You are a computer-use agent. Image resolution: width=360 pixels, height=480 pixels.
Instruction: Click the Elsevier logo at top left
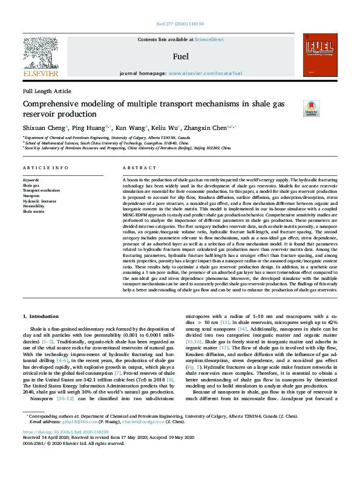coord(41,57)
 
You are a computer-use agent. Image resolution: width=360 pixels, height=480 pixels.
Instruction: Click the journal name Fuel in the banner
coord(181,57)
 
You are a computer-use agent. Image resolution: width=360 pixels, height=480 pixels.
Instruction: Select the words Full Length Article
coord(47,91)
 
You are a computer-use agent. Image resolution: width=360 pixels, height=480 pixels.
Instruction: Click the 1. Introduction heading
coord(41,316)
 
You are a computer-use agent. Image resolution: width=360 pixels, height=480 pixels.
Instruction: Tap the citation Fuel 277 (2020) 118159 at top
coord(180,24)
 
